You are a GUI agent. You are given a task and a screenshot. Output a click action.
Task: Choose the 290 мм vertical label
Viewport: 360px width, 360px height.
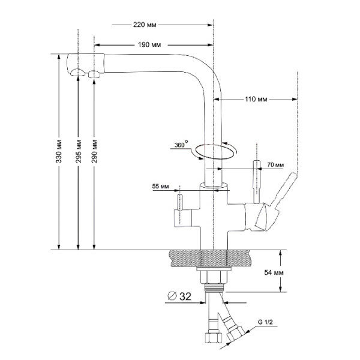94,155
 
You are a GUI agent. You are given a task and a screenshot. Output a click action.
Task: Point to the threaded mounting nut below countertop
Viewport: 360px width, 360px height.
214,275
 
